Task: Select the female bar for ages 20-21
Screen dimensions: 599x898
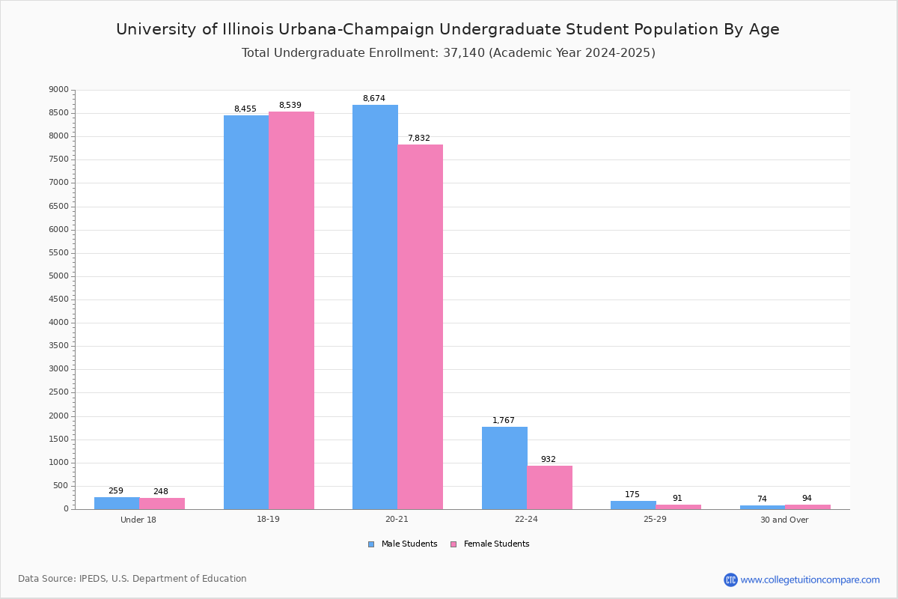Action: [421, 326]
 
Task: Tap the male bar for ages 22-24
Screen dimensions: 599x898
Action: [504, 468]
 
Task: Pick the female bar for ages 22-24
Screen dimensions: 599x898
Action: [549, 487]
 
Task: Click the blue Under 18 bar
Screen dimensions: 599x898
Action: [117, 503]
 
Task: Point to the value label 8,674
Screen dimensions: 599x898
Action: [373, 99]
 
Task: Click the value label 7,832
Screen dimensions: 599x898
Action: [418, 139]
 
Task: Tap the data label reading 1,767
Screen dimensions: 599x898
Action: [503, 421]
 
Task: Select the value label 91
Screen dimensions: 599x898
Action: [676, 499]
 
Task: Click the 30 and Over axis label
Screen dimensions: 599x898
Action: [784, 520]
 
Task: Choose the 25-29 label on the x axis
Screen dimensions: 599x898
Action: [655, 520]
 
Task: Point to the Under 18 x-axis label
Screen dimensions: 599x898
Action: [138, 520]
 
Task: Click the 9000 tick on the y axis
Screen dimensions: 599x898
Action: [58, 90]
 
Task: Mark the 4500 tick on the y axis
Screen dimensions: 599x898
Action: [58, 299]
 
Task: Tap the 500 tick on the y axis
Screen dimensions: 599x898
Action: [61, 486]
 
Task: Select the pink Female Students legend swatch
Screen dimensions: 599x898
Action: [453, 544]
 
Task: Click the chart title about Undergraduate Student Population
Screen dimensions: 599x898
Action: [448, 29]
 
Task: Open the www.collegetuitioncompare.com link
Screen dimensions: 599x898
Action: [810, 580]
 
